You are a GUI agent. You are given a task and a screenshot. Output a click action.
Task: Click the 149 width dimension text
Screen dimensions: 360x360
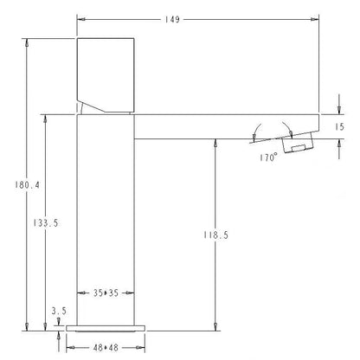[x=172, y=19]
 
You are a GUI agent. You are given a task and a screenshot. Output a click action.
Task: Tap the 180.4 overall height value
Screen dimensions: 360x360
[x=28, y=185]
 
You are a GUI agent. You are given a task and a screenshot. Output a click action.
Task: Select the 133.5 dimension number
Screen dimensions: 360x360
[x=46, y=223]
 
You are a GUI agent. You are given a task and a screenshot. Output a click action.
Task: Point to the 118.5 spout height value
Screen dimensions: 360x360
[x=215, y=235]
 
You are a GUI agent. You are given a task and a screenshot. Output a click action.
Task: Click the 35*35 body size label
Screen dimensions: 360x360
[x=106, y=293]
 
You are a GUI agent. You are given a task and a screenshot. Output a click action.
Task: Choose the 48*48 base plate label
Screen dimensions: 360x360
[x=106, y=348]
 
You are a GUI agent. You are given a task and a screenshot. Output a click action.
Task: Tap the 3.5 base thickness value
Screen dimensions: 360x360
[x=59, y=311]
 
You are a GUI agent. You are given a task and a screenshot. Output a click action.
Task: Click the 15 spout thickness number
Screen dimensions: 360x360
[x=339, y=127]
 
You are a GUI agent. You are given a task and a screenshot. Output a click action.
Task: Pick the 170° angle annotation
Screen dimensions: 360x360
[x=268, y=157]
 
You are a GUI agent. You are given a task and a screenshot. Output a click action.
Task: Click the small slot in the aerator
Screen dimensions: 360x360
[x=299, y=148]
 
